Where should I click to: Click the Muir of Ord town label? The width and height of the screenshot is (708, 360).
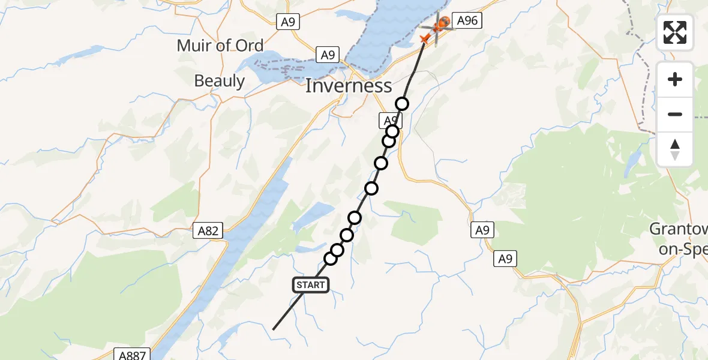coord(220,46)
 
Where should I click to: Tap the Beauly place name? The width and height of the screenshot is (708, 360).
coord(220,81)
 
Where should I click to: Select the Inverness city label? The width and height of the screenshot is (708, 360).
coord(349,86)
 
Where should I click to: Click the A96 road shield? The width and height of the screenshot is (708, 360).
coord(467,22)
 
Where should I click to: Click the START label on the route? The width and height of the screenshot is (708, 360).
coord(311,285)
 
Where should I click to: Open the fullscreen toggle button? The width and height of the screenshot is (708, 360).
coord(675,32)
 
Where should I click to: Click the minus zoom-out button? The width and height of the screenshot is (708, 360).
coord(675,114)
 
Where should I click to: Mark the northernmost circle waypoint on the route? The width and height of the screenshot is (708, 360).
coord(402,104)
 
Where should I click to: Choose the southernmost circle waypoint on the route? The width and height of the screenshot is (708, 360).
coord(331,259)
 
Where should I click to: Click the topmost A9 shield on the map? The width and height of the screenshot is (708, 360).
coord(288,22)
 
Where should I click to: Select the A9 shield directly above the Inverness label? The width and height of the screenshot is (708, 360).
coord(328,55)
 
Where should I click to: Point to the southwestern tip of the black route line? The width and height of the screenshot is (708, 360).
coord(274,329)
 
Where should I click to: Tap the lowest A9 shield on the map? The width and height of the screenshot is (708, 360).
coord(506,259)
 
